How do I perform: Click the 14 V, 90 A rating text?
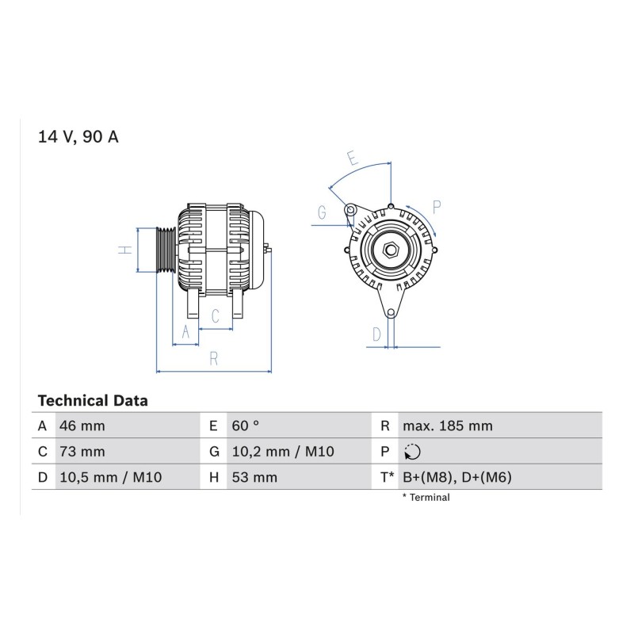click(78, 136)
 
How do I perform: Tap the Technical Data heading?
click(93, 401)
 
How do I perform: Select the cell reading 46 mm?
click(82, 426)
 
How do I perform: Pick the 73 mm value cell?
click(82, 451)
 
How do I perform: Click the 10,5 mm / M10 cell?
click(111, 477)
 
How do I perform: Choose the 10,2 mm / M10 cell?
click(283, 451)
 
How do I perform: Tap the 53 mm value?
click(254, 477)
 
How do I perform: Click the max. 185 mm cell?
click(448, 426)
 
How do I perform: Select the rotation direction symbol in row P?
click(412, 452)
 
